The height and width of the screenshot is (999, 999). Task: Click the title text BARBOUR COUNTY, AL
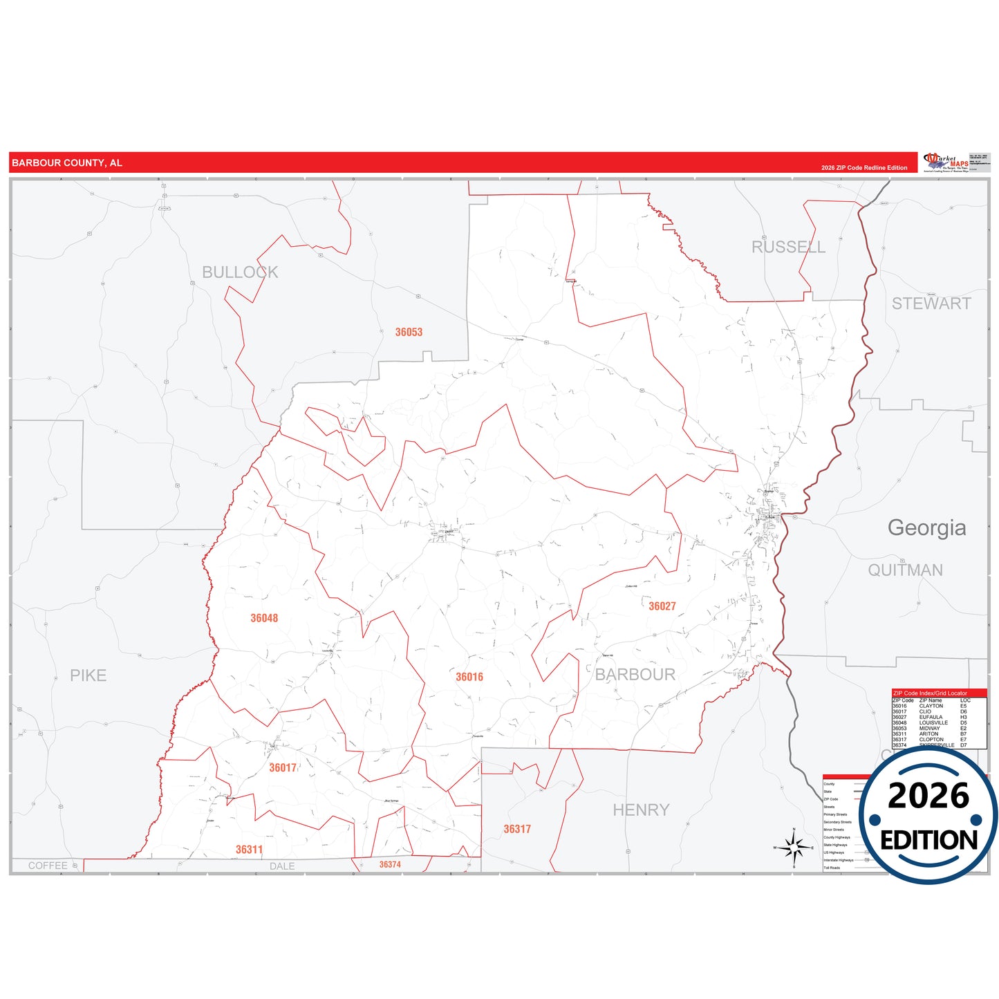point(67,163)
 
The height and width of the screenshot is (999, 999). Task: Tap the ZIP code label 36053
point(409,333)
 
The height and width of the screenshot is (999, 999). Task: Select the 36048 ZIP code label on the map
point(264,618)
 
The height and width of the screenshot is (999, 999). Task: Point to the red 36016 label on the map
point(469,677)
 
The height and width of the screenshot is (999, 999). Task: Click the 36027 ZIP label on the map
point(662,606)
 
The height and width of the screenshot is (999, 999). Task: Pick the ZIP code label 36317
point(517,829)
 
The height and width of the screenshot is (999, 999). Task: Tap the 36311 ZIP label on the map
point(249,850)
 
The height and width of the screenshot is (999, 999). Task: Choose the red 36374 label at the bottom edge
point(390,865)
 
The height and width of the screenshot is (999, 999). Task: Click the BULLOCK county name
point(240,272)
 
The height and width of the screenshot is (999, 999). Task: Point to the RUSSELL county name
point(788,247)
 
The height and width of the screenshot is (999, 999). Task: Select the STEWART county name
point(931,304)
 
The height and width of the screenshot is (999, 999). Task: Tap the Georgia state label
point(926,527)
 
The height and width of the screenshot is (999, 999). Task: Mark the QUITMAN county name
point(905,570)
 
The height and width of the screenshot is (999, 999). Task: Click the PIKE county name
point(88,675)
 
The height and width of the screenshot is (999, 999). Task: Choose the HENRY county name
point(641,810)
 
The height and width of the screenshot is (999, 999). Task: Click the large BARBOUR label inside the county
point(635,675)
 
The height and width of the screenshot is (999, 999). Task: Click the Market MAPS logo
point(946,163)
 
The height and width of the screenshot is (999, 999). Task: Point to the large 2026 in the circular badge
point(928,796)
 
